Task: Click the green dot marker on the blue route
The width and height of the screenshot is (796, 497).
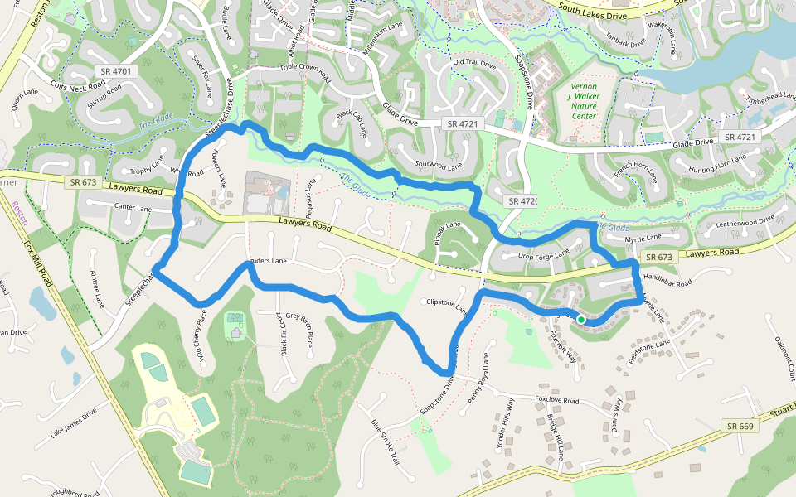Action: point(581,320)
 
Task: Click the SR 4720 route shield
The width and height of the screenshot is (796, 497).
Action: point(523,201)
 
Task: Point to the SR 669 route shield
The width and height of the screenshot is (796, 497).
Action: point(740,426)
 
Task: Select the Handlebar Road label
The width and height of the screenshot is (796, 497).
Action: point(667,282)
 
